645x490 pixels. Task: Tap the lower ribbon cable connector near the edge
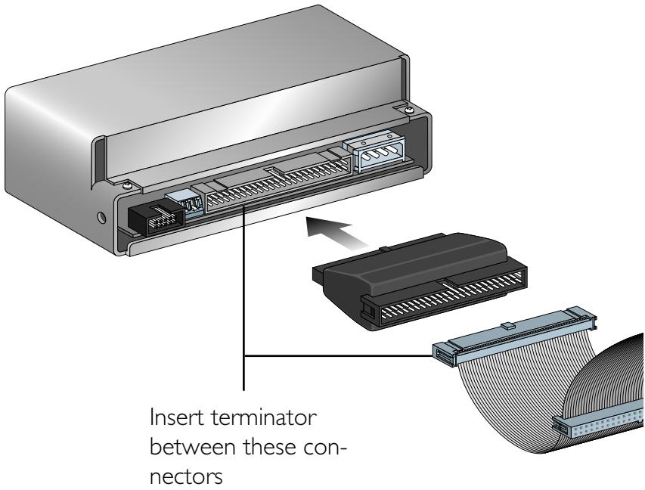click(597, 431)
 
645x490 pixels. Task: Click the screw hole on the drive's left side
click(104, 219)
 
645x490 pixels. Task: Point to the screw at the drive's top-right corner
click(409, 111)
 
